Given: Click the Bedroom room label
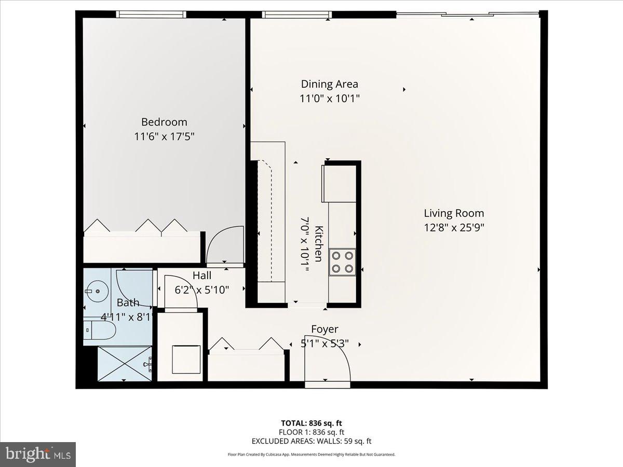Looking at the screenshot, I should [x=164, y=122].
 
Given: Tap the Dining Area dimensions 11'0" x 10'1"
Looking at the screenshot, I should [x=330, y=98].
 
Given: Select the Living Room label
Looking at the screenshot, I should [x=454, y=213].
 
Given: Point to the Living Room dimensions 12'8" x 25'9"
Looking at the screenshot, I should [x=454, y=227].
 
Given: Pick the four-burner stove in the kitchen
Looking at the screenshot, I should [x=343, y=262].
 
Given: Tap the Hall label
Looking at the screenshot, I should [x=202, y=276].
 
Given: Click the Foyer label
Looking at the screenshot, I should [x=324, y=329].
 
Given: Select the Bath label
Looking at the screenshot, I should [x=128, y=303].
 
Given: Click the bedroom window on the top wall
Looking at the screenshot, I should [x=151, y=14].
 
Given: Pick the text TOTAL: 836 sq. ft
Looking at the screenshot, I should [x=311, y=422].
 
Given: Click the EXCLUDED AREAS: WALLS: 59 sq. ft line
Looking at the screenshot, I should [x=311, y=441].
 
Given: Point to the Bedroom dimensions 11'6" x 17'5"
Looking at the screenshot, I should [x=164, y=136].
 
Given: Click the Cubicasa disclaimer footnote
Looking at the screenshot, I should [x=311, y=454].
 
